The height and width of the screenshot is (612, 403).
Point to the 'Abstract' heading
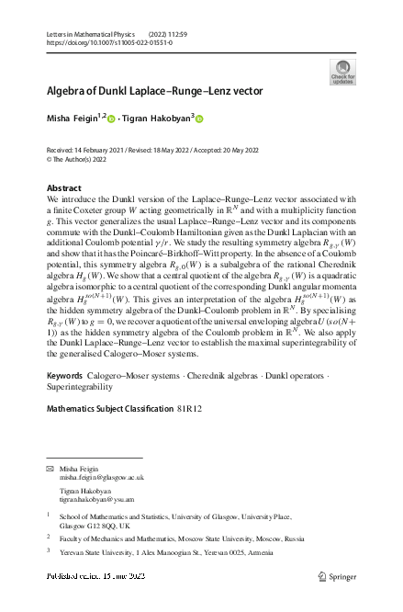[63, 187]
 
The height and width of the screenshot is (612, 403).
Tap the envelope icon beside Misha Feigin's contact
[50, 469]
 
